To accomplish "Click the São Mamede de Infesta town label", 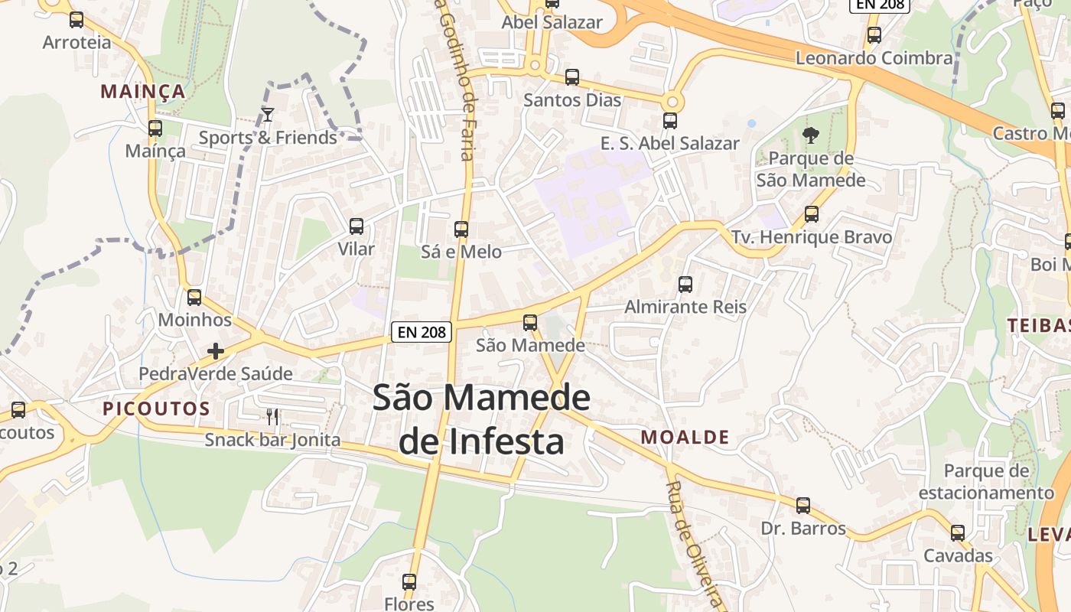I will pos(482,419).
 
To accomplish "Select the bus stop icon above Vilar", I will pos(356,226).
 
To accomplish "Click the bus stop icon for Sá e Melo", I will pos(461,229).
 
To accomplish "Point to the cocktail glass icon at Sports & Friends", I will pos(267,115).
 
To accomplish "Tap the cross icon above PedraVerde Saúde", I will pos(216,351).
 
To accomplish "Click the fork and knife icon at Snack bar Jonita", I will pos(272,417).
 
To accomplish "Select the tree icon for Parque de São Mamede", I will pos(811,135).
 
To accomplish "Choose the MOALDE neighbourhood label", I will pos(685,438).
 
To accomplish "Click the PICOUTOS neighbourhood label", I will pos(156,409).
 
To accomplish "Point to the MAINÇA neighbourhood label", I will pos(143,92).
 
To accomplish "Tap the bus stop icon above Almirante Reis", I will pos(685,285).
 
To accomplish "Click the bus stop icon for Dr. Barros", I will pos(803,506).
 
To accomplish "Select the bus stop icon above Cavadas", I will pos(958,533).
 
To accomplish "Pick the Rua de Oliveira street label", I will pos(694,545).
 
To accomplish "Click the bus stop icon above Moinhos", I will pos(194,298).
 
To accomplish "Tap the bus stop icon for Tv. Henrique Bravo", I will pos(812,214).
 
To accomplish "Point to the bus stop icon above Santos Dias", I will pos(572,77).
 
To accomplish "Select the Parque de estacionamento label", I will pos(986,482).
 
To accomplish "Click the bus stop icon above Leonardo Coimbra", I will pos(874,35).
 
